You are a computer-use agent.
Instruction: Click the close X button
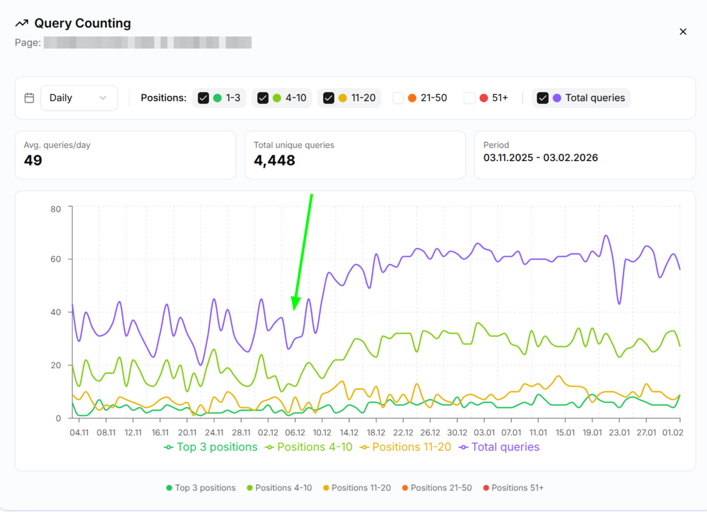point(683,32)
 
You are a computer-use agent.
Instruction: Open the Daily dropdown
point(79,98)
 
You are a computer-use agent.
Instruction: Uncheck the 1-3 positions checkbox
point(203,98)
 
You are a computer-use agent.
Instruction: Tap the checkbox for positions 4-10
point(263,98)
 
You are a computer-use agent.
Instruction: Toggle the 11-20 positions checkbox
point(328,98)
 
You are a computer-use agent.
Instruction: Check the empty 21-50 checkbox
point(398,98)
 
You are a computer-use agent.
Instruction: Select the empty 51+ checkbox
point(469,98)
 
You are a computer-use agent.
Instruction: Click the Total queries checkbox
point(542,98)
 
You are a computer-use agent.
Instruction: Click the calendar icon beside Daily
point(29,98)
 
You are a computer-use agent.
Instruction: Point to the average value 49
point(33,161)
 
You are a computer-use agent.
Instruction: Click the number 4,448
point(274,161)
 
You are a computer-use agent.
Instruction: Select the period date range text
point(540,158)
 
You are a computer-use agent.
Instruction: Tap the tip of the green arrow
point(294,310)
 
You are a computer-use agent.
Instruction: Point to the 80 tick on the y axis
point(56,209)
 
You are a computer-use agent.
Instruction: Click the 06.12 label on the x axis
point(295,432)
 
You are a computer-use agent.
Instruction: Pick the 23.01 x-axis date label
point(619,432)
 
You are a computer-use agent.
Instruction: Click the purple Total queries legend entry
point(499,447)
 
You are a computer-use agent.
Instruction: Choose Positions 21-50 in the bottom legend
point(437,488)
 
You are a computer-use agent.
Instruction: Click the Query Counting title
point(83,23)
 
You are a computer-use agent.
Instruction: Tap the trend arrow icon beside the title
point(22,23)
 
